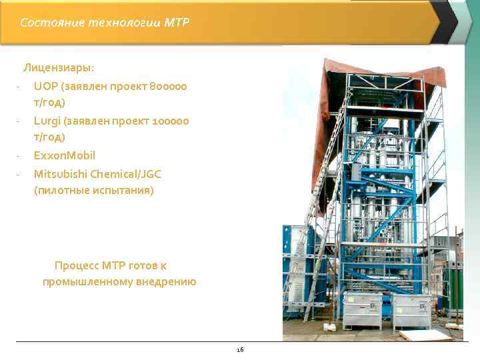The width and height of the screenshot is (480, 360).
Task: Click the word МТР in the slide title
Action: [177, 23]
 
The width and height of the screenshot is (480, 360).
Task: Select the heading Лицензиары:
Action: [59, 67]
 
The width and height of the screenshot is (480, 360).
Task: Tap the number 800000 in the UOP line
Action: [169, 87]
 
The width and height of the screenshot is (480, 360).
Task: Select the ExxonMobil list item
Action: [65, 155]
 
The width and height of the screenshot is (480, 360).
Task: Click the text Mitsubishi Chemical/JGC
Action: [97, 174]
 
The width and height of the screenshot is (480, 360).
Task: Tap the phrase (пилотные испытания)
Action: [93, 191]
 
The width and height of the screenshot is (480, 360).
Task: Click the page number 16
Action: [240, 349]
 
